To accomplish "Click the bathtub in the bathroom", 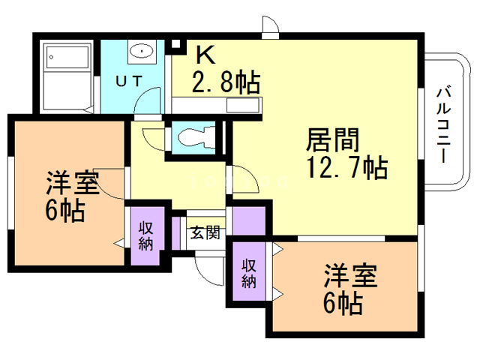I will click(x=68, y=76).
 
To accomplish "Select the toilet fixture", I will click(x=194, y=138).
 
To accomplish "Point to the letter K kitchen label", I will click(x=205, y=54).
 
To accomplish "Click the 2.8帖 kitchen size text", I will click(x=225, y=80).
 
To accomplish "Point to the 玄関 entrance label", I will click(x=204, y=232).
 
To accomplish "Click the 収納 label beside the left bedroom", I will click(x=145, y=236).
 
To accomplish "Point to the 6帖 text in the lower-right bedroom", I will click(x=343, y=304).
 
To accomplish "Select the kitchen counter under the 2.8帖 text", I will click(x=218, y=104).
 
